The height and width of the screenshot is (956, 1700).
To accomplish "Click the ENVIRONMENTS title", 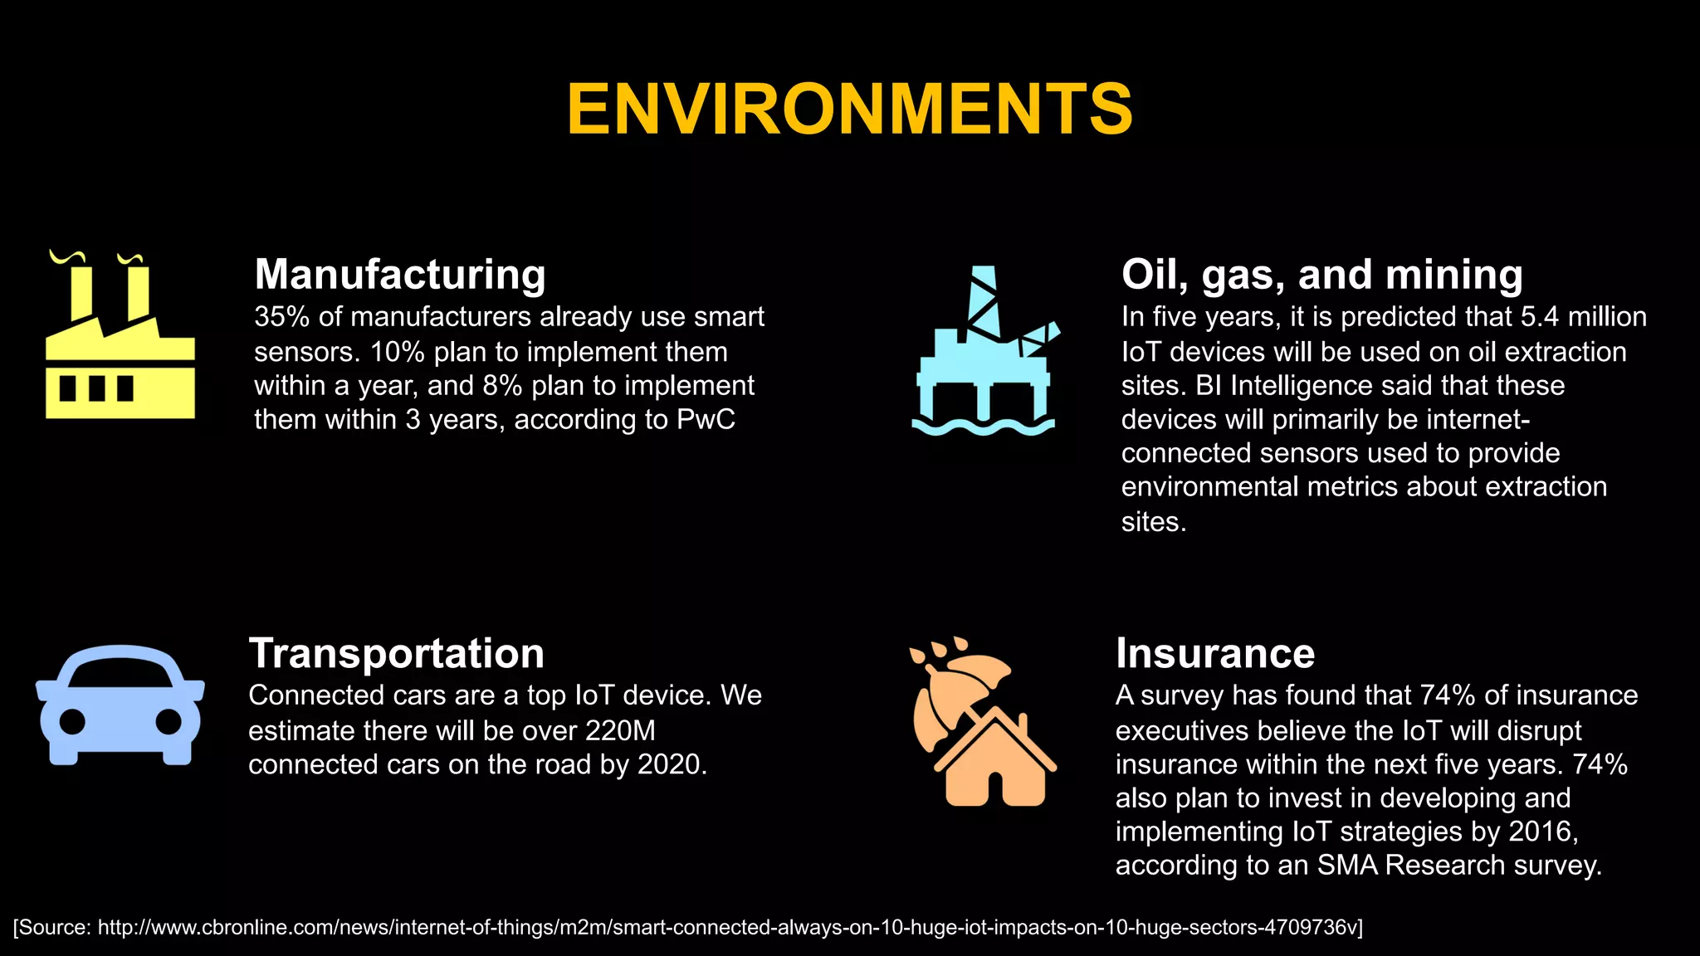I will point(849,109).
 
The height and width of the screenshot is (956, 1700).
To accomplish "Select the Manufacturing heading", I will point(400,274).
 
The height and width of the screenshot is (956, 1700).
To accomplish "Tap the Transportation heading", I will point(396,652).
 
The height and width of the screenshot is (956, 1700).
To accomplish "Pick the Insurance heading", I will point(1214,652).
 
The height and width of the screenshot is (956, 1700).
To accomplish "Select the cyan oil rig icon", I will point(984,352).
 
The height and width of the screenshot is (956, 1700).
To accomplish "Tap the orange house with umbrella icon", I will point(983,722).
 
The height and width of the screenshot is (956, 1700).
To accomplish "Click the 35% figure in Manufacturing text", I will point(281,317).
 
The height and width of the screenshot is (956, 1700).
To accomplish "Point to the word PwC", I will point(706,420).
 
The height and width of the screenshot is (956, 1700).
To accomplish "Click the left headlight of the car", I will point(73,721).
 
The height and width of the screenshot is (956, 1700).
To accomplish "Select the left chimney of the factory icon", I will point(81,290).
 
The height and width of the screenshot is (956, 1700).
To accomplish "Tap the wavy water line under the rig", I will point(983,427).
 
